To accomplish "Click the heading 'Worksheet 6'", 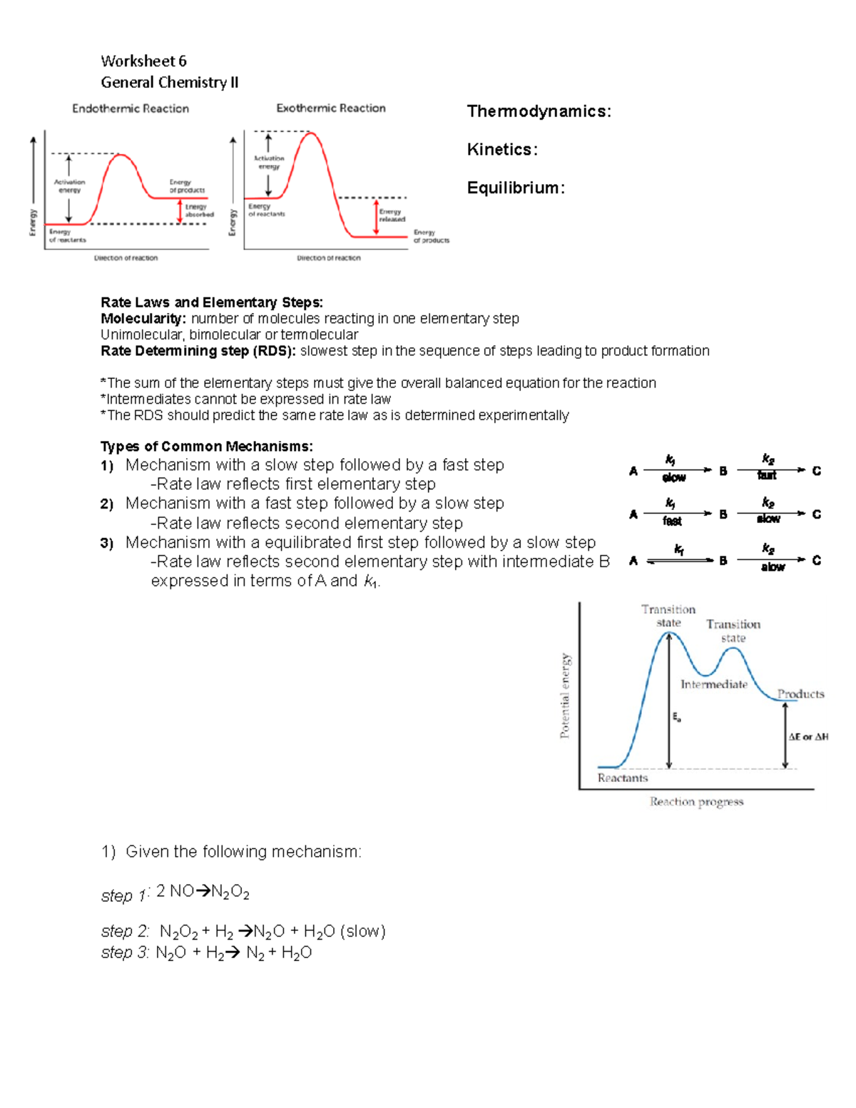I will [x=143, y=61].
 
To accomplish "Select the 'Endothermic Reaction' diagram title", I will [x=131, y=108].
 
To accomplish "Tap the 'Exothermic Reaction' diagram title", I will [x=331, y=108].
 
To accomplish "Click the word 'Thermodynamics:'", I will [x=539, y=111].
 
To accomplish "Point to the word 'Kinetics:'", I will [x=502, y=150].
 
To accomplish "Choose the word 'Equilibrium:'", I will [x=516, y=188].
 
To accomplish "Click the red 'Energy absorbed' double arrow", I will [x=180, y=211].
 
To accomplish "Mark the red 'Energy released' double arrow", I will [x=376, y=217].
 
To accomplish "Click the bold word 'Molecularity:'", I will [x=143, y=319].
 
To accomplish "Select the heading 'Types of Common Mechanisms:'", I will [x=206, y=447].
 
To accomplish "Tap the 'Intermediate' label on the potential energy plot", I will [x=713, y=684].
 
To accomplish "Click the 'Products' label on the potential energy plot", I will [x=800, y=693].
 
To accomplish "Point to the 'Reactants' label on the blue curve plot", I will [x=623, y=778].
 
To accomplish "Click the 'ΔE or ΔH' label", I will [x=808, y=736].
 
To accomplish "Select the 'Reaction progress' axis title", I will [x=696, y=802].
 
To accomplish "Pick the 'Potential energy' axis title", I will [x=565, y=696].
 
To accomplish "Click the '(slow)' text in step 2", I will [x=363, y=932].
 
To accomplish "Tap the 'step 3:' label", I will [x=125, y=953].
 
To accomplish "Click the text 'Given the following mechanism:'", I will [x=243, y=852].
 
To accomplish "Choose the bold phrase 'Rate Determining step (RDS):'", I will [x=198, y=351].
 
